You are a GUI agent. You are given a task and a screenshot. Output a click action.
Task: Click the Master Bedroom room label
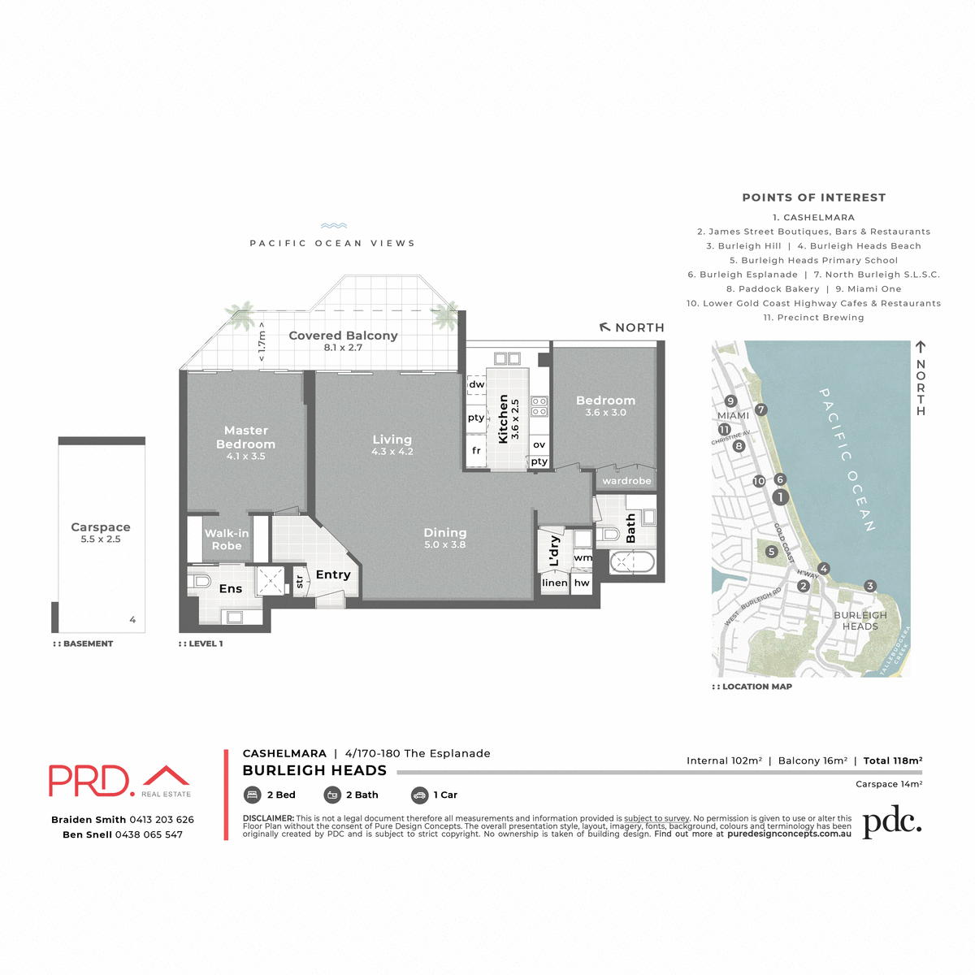click(245, 437)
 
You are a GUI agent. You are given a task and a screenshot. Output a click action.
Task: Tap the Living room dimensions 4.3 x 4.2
click(392, 452)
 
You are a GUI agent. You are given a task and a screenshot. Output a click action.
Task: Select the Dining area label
click(444, 533)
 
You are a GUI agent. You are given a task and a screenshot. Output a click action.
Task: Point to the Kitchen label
click(503, 419)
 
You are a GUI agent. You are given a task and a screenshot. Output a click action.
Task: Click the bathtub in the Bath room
click(631, 562)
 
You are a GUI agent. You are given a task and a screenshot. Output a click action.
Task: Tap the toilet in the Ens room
click(200, 582)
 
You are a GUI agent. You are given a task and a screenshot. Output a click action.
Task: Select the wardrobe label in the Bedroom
click(626, 481)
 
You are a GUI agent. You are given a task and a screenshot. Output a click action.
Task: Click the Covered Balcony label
click(343, 336)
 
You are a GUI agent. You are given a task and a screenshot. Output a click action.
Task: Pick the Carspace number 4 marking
click(132, 620)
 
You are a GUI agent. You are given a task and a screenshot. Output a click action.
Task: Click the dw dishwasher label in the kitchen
click(477, 384)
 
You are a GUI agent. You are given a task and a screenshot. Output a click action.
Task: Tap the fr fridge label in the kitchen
click(476, 450)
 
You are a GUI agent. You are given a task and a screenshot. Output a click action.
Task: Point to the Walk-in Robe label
click(227, 539)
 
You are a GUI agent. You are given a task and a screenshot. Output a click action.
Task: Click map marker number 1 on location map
click(780, 497)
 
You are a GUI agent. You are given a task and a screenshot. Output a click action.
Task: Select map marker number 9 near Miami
click(730, 401)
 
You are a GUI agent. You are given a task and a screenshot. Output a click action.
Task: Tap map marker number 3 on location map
click(870, 586)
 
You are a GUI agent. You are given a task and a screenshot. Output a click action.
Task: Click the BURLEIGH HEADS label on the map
click(860, 621)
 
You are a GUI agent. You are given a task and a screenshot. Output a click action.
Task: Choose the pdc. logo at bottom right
click(891, 823)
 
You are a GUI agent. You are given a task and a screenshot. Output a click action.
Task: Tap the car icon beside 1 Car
click(419, 795)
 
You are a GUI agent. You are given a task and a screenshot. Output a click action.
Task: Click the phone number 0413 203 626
click(162, 820)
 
